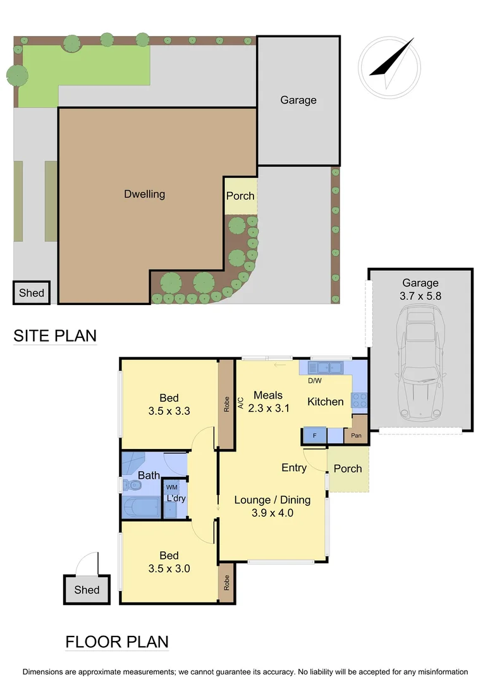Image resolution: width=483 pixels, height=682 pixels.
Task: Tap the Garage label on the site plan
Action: pyautogui.click(x=298, y=100)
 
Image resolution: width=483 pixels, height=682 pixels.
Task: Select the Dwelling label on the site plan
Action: pyautogui.click(x=144, y=194)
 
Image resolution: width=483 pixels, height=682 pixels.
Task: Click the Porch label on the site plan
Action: pyautogui.click(x=240, y=195)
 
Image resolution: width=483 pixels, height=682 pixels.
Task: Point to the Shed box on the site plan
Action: pyautogui.click(x=32, y=292)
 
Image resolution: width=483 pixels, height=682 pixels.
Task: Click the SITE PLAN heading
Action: pyautogui.click(x=55, y=335)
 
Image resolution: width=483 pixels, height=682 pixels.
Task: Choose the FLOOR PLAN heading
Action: pyautogui.click(x=117, y=642)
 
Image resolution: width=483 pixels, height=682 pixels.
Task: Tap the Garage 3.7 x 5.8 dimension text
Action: pyautogui.click(x=420, y=289)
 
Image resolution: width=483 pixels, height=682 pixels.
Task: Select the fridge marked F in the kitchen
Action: pyautogui.click(x=314, y=435)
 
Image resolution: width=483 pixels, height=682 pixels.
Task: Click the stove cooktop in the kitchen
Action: pyautogui.click(x=360, y=399)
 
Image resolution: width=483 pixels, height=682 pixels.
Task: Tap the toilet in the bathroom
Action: pyautogui.click(x=133, y=485)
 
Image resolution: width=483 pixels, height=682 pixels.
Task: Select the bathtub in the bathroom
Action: pyautogui.click(x=142, y=507)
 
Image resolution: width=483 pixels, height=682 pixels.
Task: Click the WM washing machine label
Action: pyautogui.click(x=171, y=487)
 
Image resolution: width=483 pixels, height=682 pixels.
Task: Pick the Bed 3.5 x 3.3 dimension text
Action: pyautogui.click(x=169, y=404)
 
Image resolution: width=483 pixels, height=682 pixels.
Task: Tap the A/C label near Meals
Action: pyautogui.click(x=241, y=402)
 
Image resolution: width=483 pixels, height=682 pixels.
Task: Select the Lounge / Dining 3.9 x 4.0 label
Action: pyautogui.click(x=272, y=506)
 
